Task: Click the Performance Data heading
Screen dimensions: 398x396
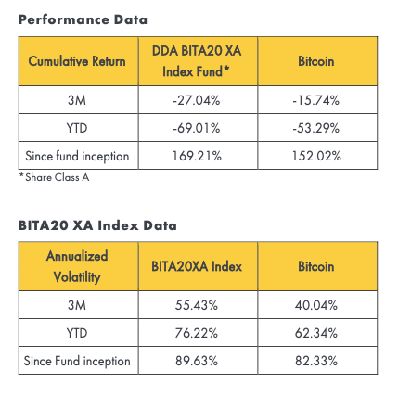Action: click(83, 19)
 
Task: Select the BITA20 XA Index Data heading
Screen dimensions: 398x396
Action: click(97, 225)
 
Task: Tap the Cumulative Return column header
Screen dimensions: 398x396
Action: click(77, 61)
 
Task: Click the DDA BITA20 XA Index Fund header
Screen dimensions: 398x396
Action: click(197, 61)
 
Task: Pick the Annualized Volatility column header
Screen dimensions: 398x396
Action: click(77, 266)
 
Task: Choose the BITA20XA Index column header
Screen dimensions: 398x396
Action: click(197, 266)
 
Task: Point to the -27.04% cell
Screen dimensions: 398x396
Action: click(197, 100)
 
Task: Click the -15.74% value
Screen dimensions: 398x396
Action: click(316, 100)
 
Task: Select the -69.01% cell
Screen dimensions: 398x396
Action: click(197, 128)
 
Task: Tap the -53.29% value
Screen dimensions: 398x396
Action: click(316, 128)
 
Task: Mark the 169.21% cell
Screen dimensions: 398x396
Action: click(197, 156)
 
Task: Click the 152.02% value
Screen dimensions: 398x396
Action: click(316, 156)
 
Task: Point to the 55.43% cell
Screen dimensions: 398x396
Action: click(197, 305)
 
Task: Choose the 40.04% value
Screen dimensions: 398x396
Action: click(316, 305)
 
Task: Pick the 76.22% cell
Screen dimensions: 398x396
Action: click(197, 333)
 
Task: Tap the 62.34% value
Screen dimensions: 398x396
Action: click(316, 333)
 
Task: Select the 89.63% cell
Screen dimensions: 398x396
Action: click(197, 361)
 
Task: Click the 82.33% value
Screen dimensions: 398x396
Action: click(316, 361)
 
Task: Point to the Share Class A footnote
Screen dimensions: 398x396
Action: click(55, 177)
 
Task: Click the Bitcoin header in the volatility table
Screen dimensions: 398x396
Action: click(316, 266)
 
